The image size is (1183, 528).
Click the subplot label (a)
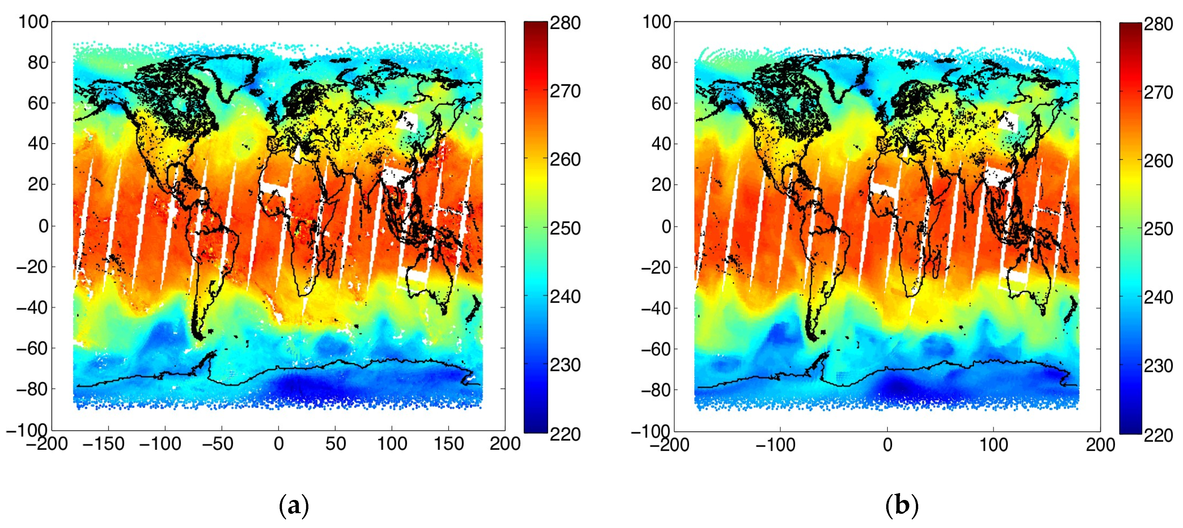pos(294,506)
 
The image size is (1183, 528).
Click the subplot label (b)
pos(901,506)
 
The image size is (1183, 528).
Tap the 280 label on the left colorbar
pos(565,23)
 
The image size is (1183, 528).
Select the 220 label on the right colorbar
pos(1158,435)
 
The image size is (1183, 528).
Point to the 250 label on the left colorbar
pos(565,228)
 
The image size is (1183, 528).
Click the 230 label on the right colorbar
pos(1158,366)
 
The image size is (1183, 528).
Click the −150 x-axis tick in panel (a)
pos(104,444)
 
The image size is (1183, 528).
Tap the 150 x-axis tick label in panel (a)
pos(449,444)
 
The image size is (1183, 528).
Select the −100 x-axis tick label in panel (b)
pos(776,445)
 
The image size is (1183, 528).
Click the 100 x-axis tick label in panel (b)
pos(994,445)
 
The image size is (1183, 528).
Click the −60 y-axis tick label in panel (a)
pos(32,348)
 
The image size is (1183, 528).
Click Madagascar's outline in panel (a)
pos(330,266)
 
